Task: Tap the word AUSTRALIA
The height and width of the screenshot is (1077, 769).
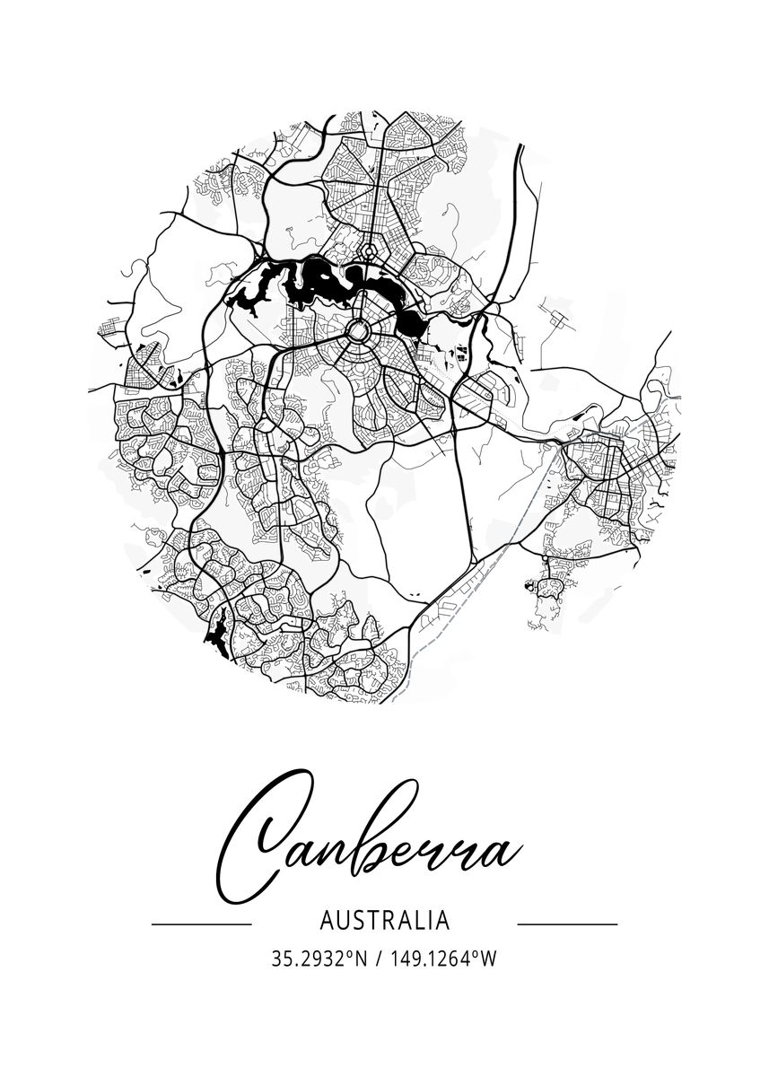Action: tap(384, 921)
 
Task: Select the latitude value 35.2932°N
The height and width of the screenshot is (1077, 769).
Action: tap(319, 959)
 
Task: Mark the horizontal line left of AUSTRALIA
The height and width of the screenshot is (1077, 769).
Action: tap(201, 923)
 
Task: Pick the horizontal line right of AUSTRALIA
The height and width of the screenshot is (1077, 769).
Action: tap(568, 923)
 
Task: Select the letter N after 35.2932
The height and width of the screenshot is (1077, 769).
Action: tap(362, 959)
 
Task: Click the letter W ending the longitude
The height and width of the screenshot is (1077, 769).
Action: tap(488, 959)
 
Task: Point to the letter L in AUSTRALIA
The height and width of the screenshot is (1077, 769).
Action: tap(416, 921)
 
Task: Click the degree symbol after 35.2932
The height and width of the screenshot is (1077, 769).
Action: tap(351, 955)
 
